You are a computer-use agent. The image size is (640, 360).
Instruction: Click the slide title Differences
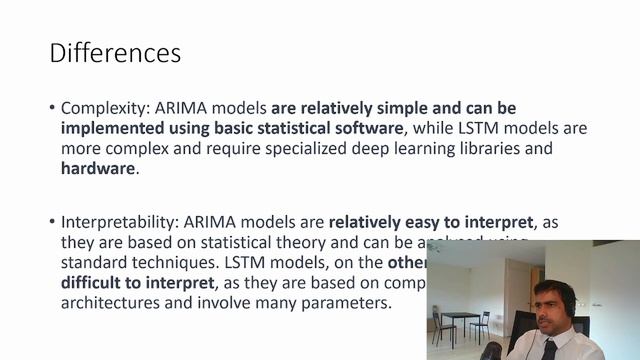115,52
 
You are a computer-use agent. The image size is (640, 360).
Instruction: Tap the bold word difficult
97,283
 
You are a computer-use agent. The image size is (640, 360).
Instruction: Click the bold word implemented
116,128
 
